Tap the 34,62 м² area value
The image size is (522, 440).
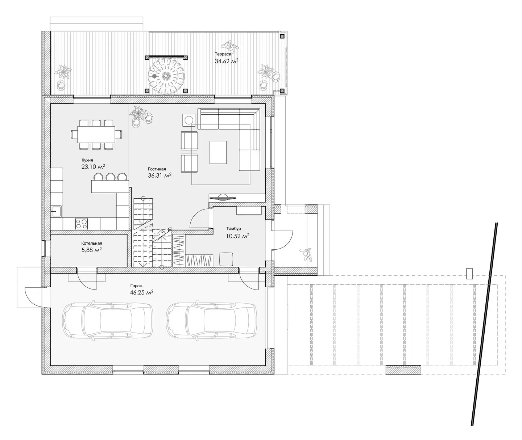[x=226, y=61]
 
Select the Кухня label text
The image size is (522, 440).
[x=87, y=160]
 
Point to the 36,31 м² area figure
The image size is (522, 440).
[x=159, y=175]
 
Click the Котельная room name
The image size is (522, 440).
[x=91, y=243]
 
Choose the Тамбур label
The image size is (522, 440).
[x=233, y=229]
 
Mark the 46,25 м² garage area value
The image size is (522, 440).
[x=141, y=292]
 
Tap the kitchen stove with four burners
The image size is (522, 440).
[x=82, y=224]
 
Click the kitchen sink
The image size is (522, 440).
[x=57, y=211]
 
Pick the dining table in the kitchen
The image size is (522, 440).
[x=96, y=135]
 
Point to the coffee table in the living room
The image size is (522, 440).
[x=218, y=152]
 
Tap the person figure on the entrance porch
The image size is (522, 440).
[x=306, y=255]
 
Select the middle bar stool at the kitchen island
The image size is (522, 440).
[x=110, y=177]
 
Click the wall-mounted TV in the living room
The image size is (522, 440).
[x=223, y=198]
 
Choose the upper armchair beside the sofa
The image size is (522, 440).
[x=189, y=141]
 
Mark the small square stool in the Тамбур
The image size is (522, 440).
[x=226, y=259]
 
